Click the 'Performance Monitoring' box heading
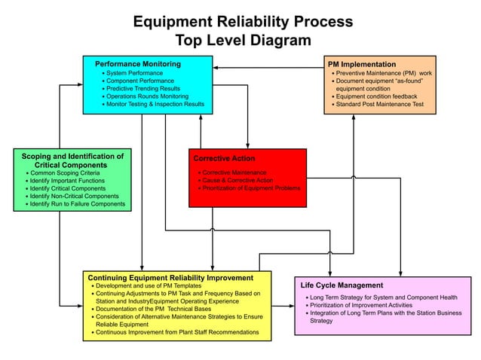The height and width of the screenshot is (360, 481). [x=137, y=64]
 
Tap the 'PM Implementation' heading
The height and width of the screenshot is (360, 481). [x=363, y=65]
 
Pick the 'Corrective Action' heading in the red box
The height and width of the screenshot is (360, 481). [x=224, y=159]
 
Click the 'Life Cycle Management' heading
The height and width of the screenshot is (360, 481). [x=342, y=285]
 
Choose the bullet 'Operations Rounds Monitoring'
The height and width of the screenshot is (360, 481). [x=148, y=96]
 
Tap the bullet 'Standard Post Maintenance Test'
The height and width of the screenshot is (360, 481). [x=380, y=105]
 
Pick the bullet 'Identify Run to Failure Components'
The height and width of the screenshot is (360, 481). [x=77, y=204]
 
